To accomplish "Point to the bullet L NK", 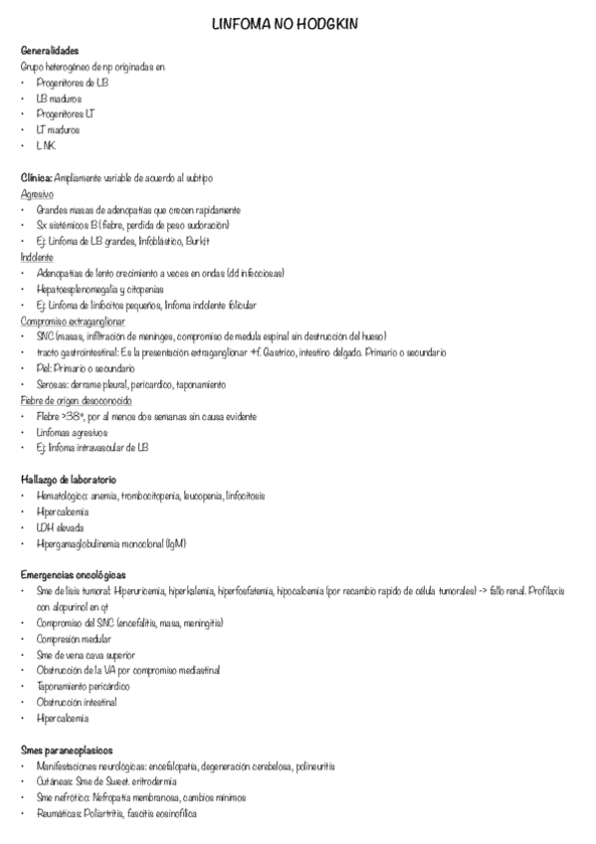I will click(x=47, y=145).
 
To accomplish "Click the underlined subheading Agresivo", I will click(x=37, y=194).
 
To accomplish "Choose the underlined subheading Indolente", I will click(x=37, y=257).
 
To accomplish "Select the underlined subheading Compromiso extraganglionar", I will click(x=73, y=320).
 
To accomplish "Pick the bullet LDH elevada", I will click(x=61, y=527).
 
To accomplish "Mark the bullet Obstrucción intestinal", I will click(x=76, y=702).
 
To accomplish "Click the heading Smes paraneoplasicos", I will click(x=67, y=749).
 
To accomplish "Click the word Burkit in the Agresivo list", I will click(x=198, y=242).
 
